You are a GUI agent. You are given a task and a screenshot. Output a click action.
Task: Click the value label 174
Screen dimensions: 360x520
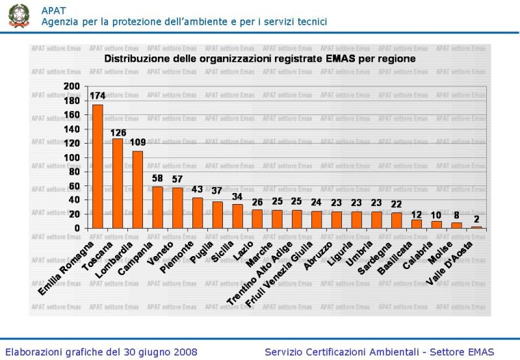[x=97, y=96]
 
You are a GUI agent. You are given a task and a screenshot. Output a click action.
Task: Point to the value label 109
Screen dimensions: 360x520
[x=138, y=142]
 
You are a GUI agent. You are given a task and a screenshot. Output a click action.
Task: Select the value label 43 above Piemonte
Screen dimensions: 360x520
[x=198, y=189]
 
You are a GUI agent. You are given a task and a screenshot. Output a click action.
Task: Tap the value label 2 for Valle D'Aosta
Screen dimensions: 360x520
[x=476, y=218]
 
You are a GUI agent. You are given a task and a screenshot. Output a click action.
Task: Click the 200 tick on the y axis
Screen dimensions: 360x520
[x=72, y=86]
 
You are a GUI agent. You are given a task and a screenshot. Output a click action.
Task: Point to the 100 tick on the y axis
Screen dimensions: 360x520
[x=72, y=157]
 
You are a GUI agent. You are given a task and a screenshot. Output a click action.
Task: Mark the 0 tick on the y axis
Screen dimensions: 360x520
[x=77, y=228]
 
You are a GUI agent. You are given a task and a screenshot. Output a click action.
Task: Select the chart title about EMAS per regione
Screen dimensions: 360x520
[x=260, y=58]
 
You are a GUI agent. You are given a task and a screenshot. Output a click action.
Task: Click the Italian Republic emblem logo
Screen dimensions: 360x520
[x=19, y=16]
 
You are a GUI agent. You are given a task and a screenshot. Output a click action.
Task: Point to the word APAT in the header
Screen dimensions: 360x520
[x=53, y=9]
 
